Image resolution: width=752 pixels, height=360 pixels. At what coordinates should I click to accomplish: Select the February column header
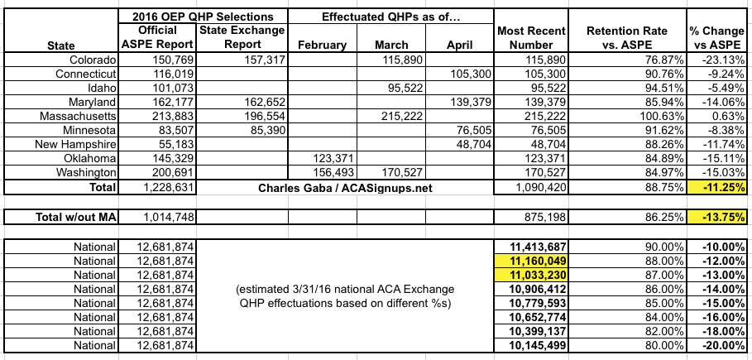tap(321, 46)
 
